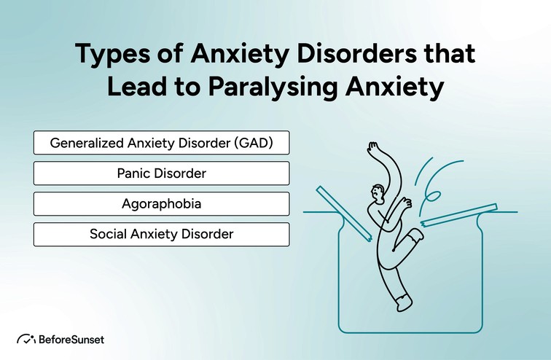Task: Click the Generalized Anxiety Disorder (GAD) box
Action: (161, 143)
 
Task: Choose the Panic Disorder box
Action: (161, 173)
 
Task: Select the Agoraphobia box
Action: (161, 203)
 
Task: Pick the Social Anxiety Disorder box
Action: (161, 234)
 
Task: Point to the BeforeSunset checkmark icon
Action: (26, 339)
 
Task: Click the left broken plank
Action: (343, 212)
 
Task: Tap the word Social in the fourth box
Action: (108, 234)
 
